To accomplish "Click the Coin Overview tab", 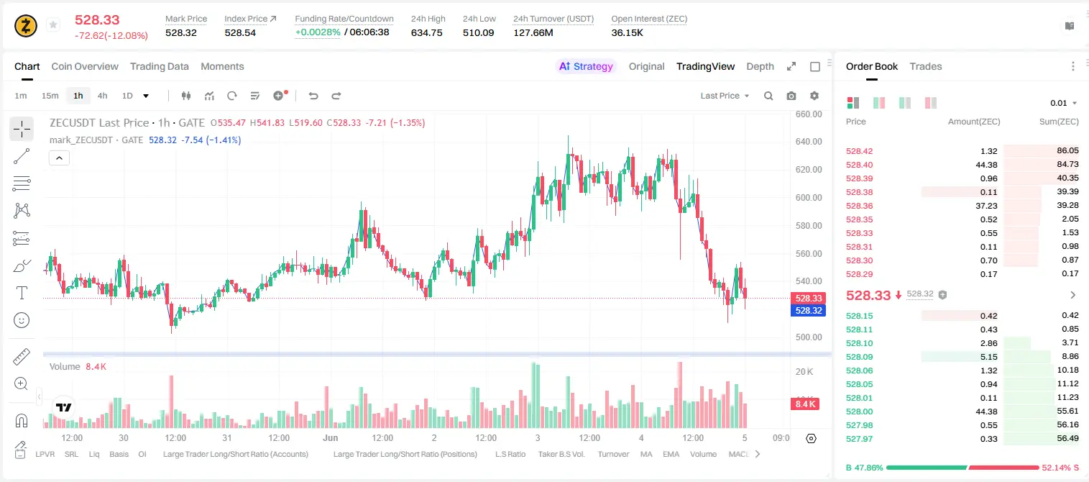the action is click(x=85, y=66).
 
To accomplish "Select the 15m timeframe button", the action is click(x=50, y=96).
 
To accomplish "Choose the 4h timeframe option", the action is click(x=102, y=96).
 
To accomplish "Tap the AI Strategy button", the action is click(x=586, y=66).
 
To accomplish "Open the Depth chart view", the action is click(x=760, y=66).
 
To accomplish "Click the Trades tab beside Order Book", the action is click(x=926, y=66).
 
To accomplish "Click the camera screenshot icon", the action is click(x=791, y=96).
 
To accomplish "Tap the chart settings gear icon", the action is click(x=814, y=96).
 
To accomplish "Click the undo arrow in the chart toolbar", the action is click(x=313, y=96).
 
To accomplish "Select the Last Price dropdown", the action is click(x=725, y=96).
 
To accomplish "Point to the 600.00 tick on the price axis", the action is click(x=809, y=197).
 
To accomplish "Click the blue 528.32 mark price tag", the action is click(x=809, y=310).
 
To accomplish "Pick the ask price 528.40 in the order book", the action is click(x=859, y=165).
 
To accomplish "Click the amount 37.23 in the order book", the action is click(x=986, y=206).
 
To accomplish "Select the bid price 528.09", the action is click(x=859, y=357).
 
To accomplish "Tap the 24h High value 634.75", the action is click(x=426, y=32).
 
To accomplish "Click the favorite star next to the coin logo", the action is click(x=53, y=24).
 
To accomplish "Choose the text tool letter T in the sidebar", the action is click(x=22, y=293).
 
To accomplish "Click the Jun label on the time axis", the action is click(x=330, y=437).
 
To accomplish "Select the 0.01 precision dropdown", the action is click(x=1063, y=103).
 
